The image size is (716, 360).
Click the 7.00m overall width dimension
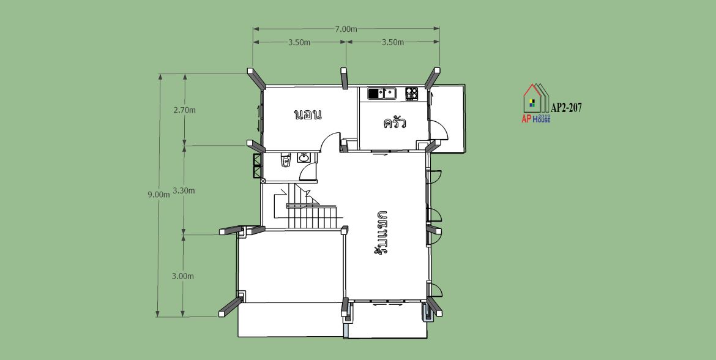click(x=346, y=29)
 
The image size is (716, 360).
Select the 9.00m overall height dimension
click(x=158, y=194)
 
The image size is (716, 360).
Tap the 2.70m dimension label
click(x=184, y=110)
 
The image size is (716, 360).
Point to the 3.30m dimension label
click(x=184, y=190)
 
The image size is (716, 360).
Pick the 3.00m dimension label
click(x=182, y=276)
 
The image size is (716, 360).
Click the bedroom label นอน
click(x=308, y=114)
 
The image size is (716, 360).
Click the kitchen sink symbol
click(x=382, y=94)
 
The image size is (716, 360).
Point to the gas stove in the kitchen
click(x=411, y=94)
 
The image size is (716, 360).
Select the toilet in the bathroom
click(x=286, y=160)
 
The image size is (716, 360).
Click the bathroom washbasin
click(x=304, y=157)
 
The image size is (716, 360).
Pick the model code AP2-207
click(x=566, y=108)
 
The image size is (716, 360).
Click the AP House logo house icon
click(x=536, y=98)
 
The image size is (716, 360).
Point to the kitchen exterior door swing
click(x=439, y=129)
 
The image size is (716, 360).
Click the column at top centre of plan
click(x=345, y=78)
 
